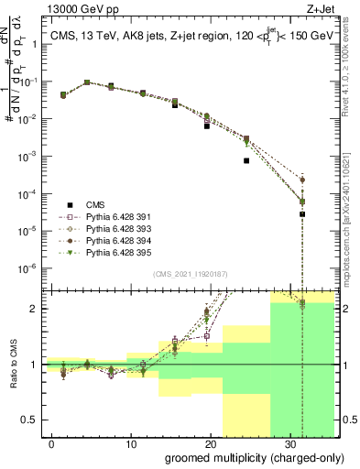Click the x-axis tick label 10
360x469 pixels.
[131, 442]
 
